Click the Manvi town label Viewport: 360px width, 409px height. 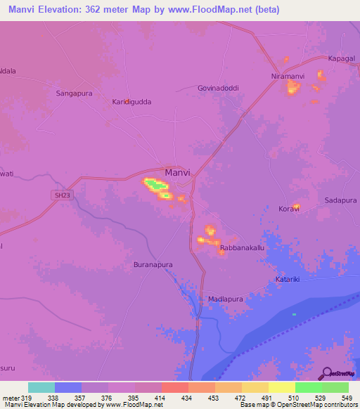pyautogui.click(x=177, y=171)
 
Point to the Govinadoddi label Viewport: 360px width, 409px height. pyautogui.click(x=217, y=89)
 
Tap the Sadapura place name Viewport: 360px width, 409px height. pyautogui.click(x=341, y=200)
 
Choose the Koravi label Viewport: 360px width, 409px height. pyautogui.click(x=289, y=209)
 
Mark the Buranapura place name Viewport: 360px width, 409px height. pyautogui.click(x=153, y=264)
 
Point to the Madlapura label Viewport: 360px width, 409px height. pyautogui.click(x=226, y=299)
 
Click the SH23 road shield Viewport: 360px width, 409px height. pyautogui.click(x=62, y=195)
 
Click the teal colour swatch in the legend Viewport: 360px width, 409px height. pyautogui.click(x=41, y=387)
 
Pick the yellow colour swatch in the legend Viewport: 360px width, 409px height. pyautogui.click(x=282, y=387)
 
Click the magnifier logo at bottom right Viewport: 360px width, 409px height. pyautogui.click(x=326, y=373)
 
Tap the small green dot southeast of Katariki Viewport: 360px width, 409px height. pyautogui.click(x=294, y=314)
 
